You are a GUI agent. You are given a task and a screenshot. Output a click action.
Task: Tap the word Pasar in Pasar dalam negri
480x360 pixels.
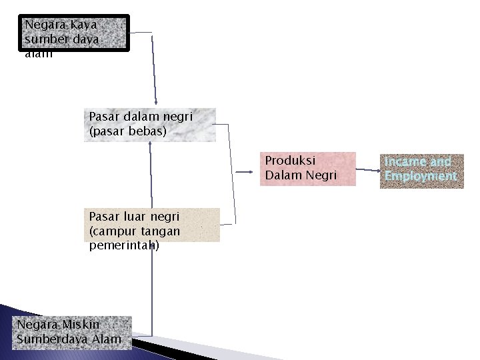(x=105, y=116)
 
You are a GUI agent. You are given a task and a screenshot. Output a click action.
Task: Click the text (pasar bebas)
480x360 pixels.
(x=127, y=131)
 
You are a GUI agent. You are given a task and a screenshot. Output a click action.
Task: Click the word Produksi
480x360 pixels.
(x=290, y=161)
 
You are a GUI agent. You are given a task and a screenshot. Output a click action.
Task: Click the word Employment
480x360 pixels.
(x=421, y=176)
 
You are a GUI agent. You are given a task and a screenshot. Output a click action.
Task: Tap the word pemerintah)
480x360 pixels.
(x=124, y=245)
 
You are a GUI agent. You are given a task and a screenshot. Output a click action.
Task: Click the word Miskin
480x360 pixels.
(x=81, y=324)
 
